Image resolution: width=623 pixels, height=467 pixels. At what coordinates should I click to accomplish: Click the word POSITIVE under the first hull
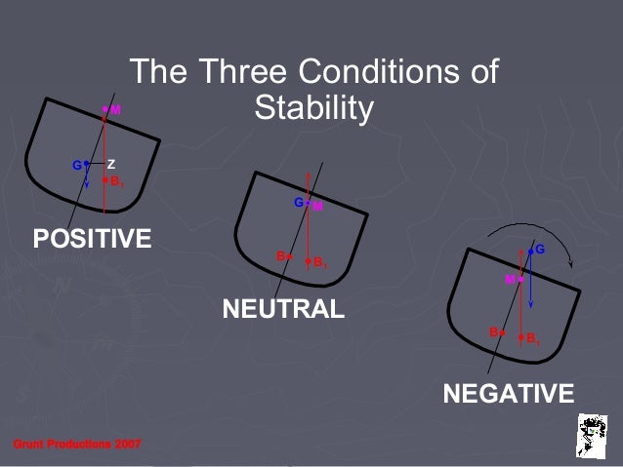92,239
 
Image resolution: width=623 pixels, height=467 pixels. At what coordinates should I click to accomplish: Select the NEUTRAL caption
283,310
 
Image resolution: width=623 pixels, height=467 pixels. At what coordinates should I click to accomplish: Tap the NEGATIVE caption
508,394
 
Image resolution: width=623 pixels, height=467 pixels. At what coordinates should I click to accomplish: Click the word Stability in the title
312,108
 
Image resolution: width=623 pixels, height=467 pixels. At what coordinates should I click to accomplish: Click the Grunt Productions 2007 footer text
76,445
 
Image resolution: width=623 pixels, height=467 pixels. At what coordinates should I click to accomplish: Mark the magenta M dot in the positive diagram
105,110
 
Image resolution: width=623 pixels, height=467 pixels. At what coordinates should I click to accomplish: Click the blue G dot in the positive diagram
86,163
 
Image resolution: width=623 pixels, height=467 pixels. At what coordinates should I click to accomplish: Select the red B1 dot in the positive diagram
105,180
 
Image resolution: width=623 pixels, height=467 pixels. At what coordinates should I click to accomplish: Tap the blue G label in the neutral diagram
298,202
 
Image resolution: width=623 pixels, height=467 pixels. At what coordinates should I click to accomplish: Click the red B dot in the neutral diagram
289,255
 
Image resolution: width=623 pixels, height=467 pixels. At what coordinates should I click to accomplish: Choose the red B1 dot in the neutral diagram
308,261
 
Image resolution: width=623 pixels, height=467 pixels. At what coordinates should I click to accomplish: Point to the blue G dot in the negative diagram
530,252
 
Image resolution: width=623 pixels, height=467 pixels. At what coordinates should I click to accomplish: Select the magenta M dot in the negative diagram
520,280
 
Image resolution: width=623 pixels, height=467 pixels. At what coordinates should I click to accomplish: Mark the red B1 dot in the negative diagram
521,337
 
